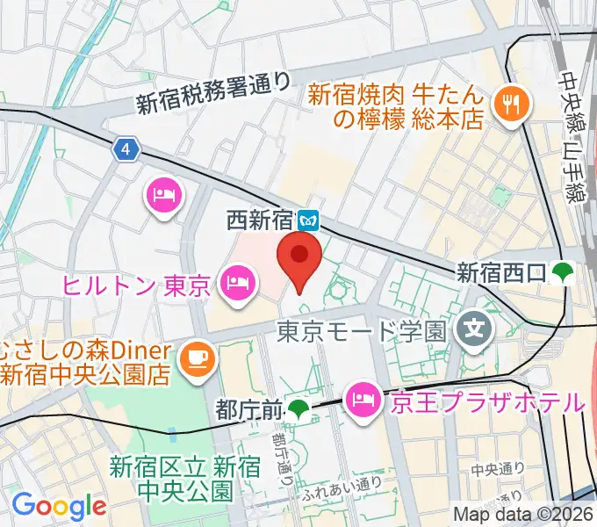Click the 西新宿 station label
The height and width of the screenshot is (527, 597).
[261, 219]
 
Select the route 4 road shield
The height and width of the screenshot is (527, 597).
[127, 150]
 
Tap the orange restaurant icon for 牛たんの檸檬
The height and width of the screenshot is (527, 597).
[508, 105]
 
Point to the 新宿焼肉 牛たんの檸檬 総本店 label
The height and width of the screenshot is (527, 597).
[395, 105]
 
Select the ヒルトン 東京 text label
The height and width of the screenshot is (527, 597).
[136, 285]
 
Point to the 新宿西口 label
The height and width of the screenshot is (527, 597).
[502, 274]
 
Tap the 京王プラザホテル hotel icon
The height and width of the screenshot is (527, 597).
[362, 401]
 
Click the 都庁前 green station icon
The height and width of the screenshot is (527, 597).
[300, 408]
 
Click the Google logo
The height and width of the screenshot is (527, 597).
[58, 505]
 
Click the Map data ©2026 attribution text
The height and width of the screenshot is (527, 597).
[523, 515]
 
